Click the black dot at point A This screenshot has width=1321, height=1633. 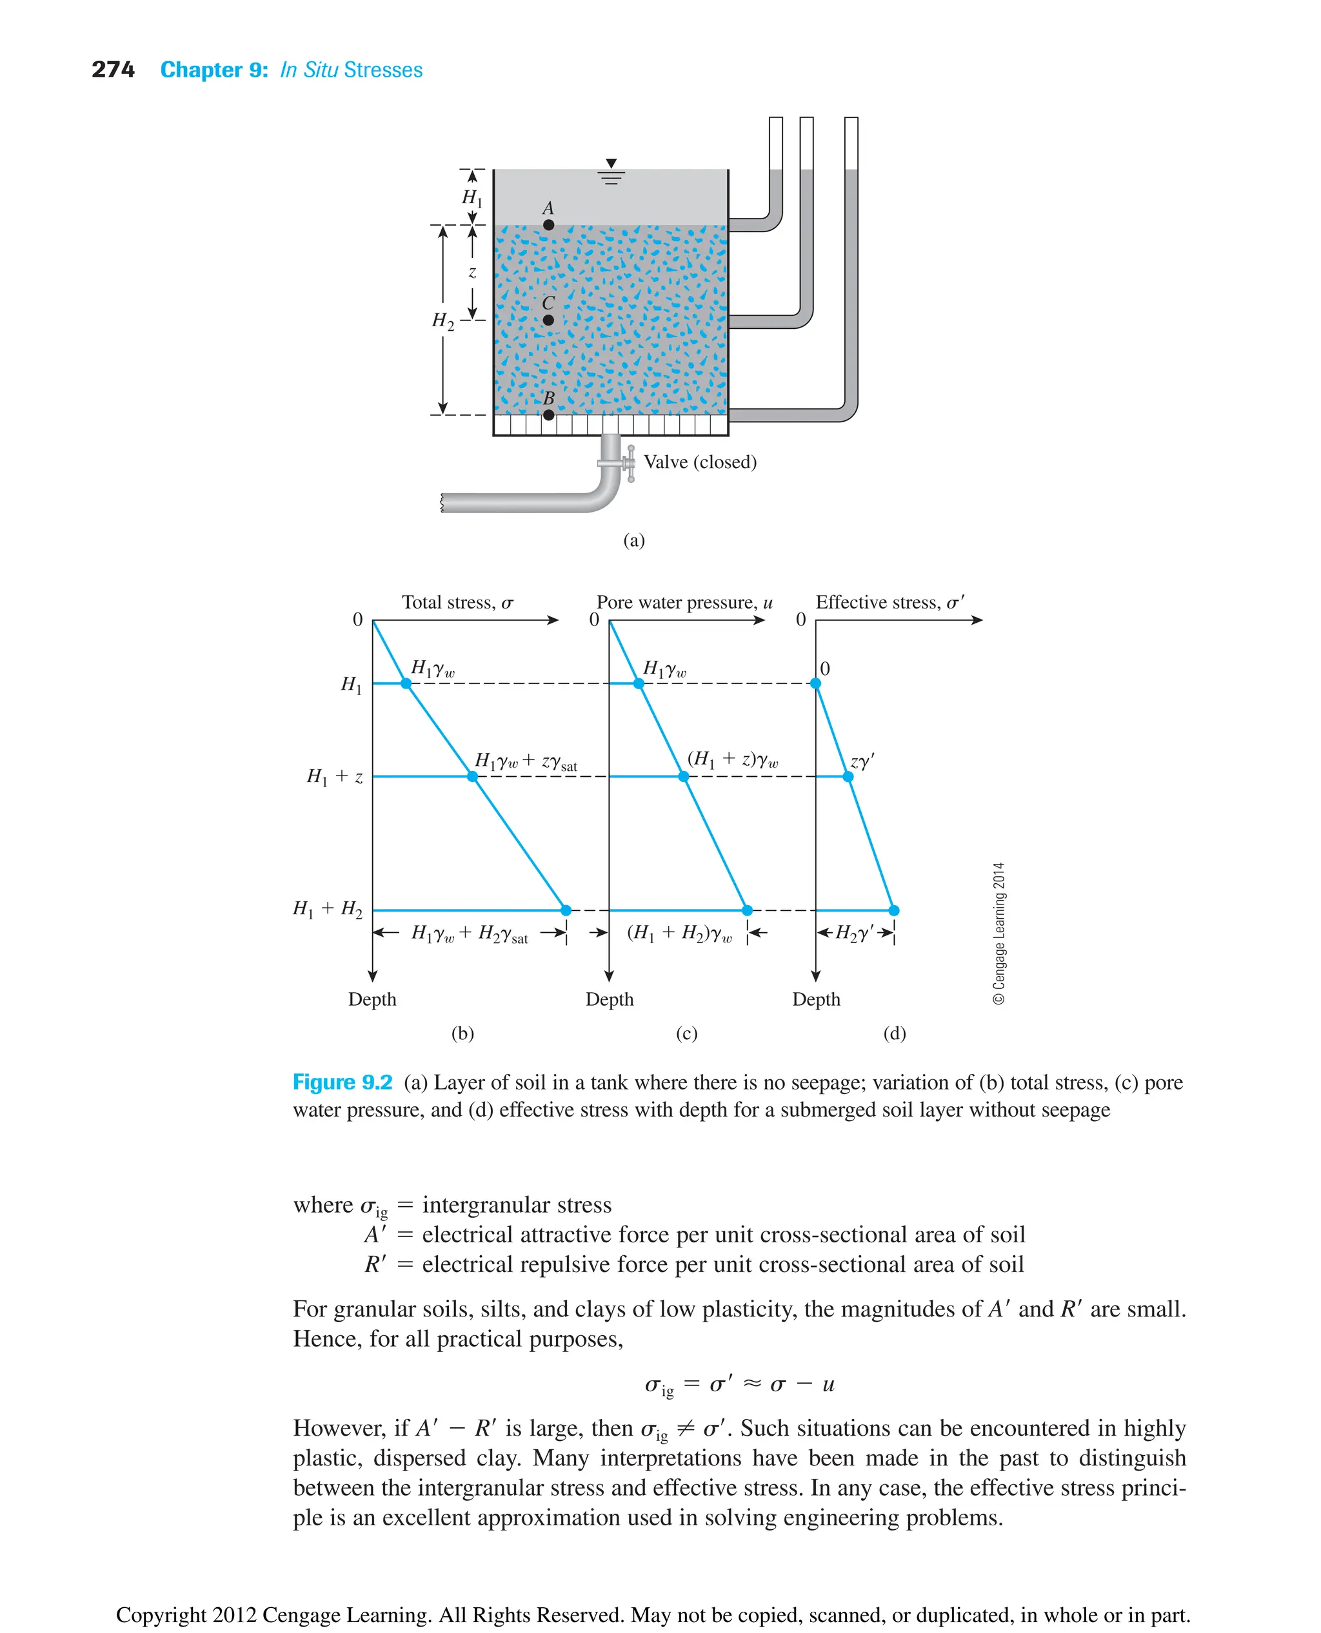tap(548, 225)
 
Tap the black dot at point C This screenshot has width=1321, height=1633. tap(548, 320)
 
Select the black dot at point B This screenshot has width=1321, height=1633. tap(548, 415)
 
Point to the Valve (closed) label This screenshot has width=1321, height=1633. tap(700, 462)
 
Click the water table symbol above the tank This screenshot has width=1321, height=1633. tap(611, 172)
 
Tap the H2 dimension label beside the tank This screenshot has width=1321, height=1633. tap(443, 321)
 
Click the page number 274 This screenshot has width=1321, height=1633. tap(113, 70)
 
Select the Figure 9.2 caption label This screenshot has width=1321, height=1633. tap(343, 1082)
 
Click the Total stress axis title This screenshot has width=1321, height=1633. tap(457, 602)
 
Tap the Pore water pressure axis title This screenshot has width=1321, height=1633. tap(684, 602)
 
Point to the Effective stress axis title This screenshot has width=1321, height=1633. tap(889, 602)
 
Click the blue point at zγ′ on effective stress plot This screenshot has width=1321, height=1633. tap(848, 777)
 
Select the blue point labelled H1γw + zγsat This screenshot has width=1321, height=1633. tap(473, 777)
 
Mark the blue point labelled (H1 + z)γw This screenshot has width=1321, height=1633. tap(683, 777)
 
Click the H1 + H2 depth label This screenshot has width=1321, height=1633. tap(327, 910)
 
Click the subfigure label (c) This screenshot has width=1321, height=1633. tap(686, 1033)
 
